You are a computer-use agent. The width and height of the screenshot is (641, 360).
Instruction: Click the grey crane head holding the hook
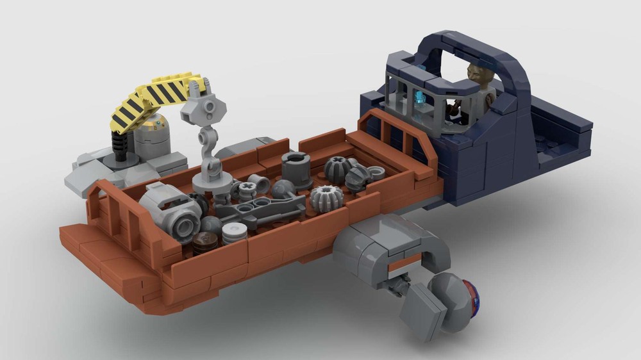tap(205, 105)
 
